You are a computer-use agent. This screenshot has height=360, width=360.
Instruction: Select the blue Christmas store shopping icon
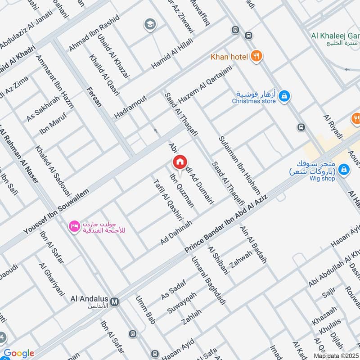pos(284,96)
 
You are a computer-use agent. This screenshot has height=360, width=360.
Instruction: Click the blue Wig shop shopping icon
pos(344,169)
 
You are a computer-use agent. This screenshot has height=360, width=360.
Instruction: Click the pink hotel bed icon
pos(74,225)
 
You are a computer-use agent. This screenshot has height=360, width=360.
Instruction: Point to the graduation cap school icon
pos(149,25)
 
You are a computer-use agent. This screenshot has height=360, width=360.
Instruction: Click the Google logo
pos(18,353)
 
